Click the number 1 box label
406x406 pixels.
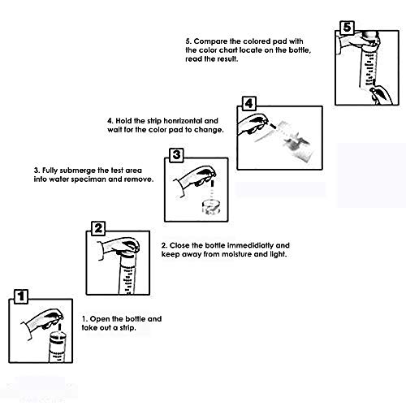[21, 296]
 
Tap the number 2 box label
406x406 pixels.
[98, 228]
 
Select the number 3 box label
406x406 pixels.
[176, 155]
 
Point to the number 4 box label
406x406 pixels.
[248, 104]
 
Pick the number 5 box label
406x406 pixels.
[347, 28]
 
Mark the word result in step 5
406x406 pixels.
[228, 59]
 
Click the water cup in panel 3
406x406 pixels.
[211, 207]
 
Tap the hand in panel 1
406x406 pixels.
[43, 321]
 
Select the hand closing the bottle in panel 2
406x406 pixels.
[119, 248]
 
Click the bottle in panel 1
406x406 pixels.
[58, 348]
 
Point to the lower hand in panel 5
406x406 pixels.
[382, 94]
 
